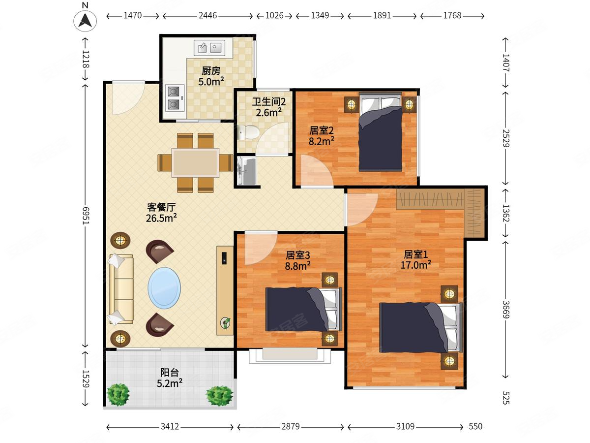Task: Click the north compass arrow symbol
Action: pos(85,21)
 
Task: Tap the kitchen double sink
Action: pos(209,48)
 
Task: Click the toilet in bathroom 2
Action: pos(249,132)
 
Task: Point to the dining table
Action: pos(195,162)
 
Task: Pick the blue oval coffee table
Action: pos(164,287)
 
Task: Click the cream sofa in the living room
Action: pos(121,289)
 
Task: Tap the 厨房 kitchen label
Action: pos(211,71)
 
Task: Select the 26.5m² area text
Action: pos(161,218)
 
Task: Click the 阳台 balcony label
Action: pos(170,373)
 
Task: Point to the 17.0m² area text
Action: pos(416,265)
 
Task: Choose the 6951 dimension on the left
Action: pos(86,216)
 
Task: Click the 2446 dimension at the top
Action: pos(207,15)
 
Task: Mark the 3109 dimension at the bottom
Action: pos(405,426)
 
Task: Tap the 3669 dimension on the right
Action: pos(506,309)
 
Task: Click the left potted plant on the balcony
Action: pos(118,395)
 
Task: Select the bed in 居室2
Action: pos(381,131)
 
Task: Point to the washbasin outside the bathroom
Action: pos(247,171)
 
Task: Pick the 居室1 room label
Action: pos(415,254)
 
